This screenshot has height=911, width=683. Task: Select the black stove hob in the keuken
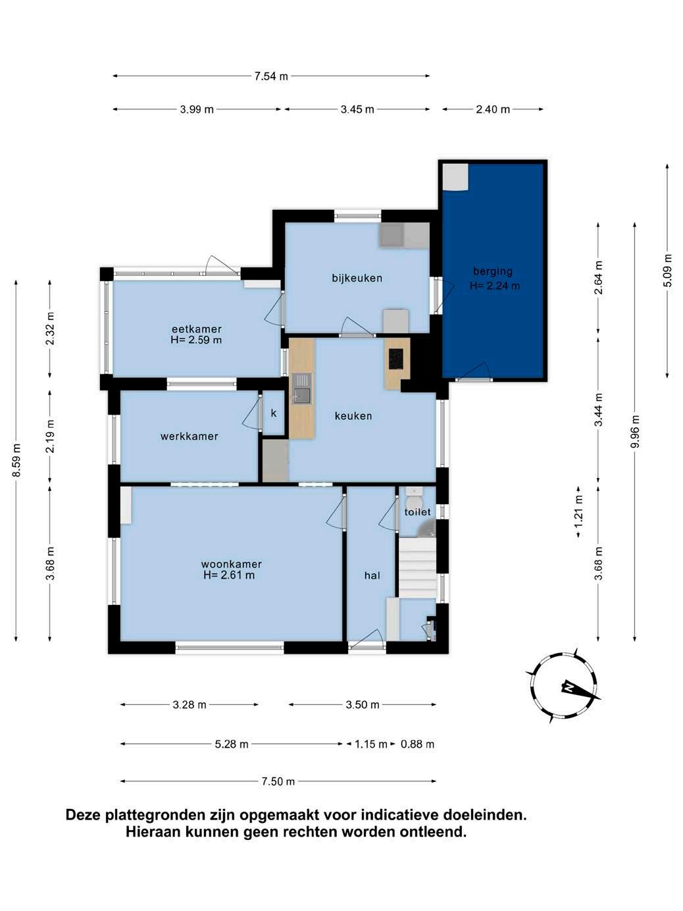click(395, 359)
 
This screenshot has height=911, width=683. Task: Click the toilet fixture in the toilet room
click(413, 495)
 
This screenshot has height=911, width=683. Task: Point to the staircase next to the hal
click(418, 568)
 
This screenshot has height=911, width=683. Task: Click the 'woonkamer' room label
click(231, 565)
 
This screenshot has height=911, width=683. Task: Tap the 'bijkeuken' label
click(357, 278)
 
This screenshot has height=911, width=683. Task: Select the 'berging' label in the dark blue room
click(493, 271)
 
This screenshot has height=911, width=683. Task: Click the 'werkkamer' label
click(189, 436)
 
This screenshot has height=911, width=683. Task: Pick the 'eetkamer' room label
click(197, 329)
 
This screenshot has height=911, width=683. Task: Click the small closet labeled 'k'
click(274, 413)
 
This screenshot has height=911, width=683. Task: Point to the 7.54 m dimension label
click(271, 76)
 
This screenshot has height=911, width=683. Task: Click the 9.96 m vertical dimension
click(634, 431)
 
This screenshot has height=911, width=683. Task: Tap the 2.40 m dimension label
click(493, 109)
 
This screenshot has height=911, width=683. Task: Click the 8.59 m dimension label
click(16, 460)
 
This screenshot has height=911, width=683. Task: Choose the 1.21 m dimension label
click(578, 511)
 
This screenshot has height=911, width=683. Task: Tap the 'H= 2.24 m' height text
click(494, 286)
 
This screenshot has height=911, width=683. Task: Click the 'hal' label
click(372, 575)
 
